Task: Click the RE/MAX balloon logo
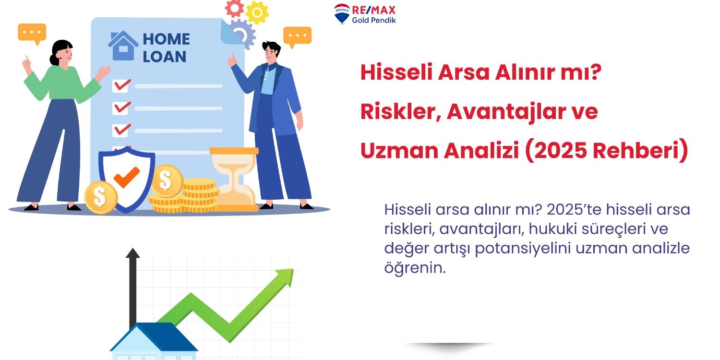click(x=342, y=13)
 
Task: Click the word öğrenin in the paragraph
click(x=415, y=268)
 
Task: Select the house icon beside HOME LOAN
click(x=123, y=46)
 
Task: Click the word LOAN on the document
click(x=164, y=57)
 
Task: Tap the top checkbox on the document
click(x=120, y=85)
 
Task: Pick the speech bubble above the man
click(x=297, y=36)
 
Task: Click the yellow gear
click(x=257, y=12)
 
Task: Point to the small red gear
click(x=234, y=8)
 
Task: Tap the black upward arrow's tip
click(x=132, y=253)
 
